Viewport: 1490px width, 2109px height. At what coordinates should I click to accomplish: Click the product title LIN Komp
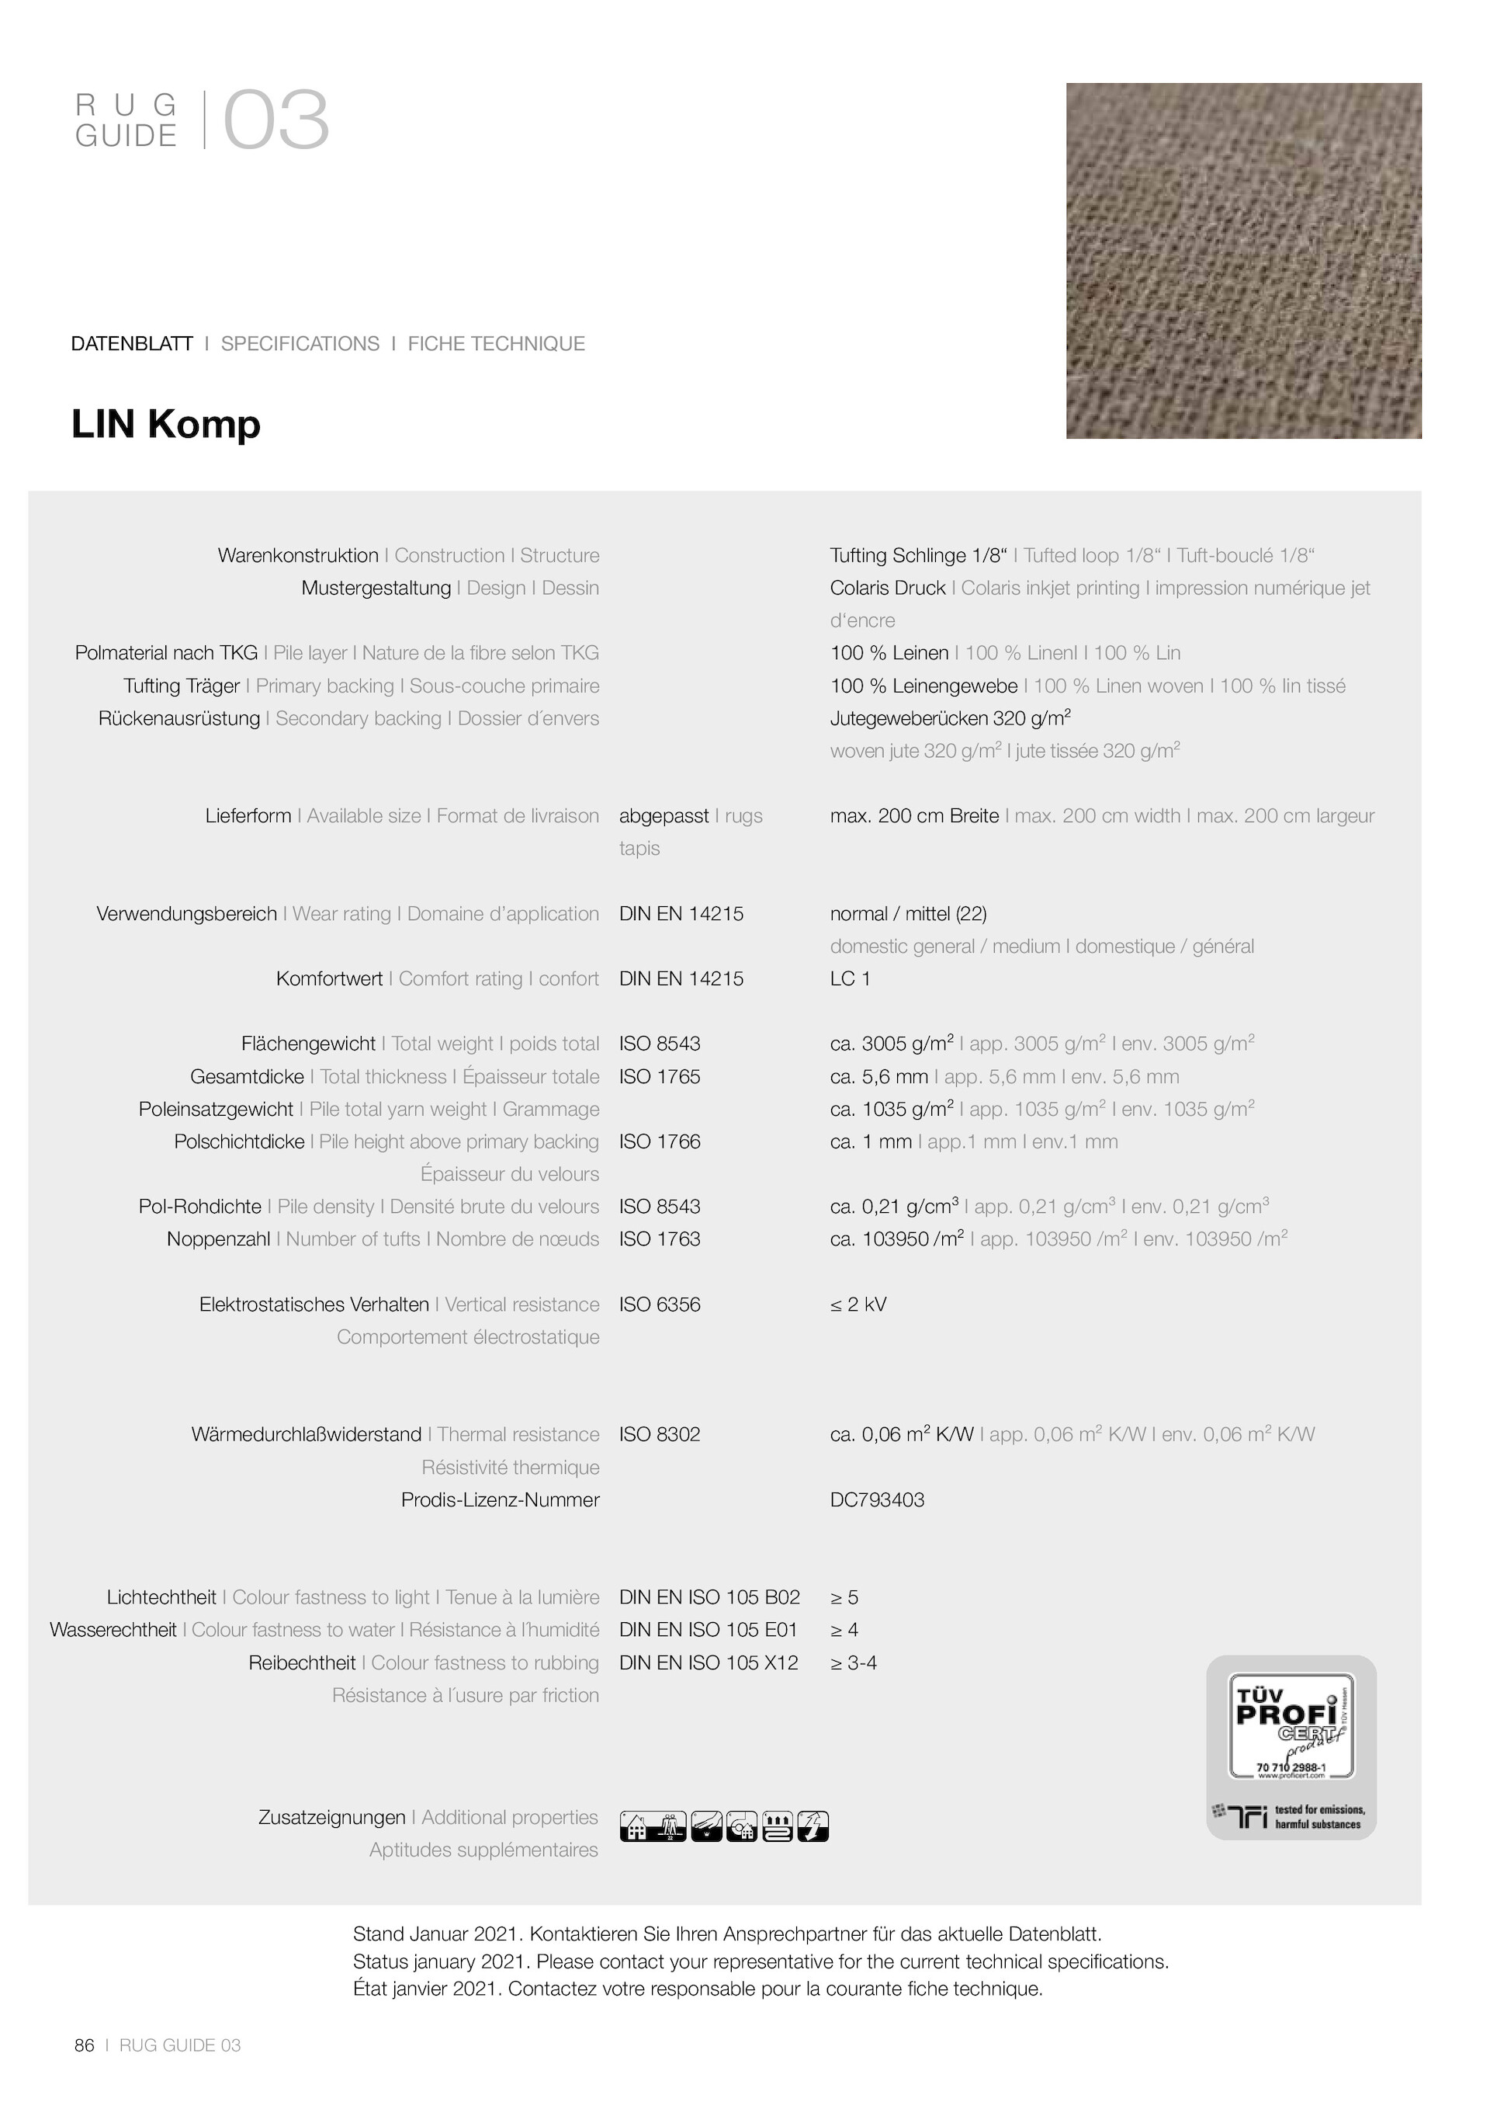click(166, 425)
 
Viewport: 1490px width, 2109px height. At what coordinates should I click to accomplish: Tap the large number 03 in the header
click(275, 121)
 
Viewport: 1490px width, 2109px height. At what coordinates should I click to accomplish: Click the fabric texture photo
click(1243, 261)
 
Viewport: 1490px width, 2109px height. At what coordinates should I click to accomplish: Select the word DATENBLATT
click(132, 343)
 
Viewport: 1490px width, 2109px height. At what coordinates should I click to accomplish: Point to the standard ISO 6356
click(659, 1305)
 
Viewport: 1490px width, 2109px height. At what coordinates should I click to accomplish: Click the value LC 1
click(850, 978)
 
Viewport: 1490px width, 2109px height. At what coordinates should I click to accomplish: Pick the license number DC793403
click(877, 1500)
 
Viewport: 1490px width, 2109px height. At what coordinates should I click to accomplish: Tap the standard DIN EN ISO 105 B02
click(709, 1597)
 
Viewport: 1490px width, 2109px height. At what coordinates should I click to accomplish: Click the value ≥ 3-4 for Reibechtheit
click(853, 1663)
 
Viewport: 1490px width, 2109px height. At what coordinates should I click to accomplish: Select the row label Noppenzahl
click(219, 1239)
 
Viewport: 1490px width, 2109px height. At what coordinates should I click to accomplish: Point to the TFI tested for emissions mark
click(1290, 1816)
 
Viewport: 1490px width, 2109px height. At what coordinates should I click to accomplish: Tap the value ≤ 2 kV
click(858, 1305)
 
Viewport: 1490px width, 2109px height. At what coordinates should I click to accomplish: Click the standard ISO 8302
click(659, 1435)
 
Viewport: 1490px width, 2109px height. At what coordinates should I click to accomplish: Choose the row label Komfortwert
click(330, 978)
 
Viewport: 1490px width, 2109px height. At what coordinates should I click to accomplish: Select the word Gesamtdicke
click(247, 1076)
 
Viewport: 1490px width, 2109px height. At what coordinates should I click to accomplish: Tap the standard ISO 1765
click(659, 1076)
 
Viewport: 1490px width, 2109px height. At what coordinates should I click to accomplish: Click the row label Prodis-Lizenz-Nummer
click(501, 1500)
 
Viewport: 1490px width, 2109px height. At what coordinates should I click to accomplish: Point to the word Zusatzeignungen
click(331, 1817)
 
